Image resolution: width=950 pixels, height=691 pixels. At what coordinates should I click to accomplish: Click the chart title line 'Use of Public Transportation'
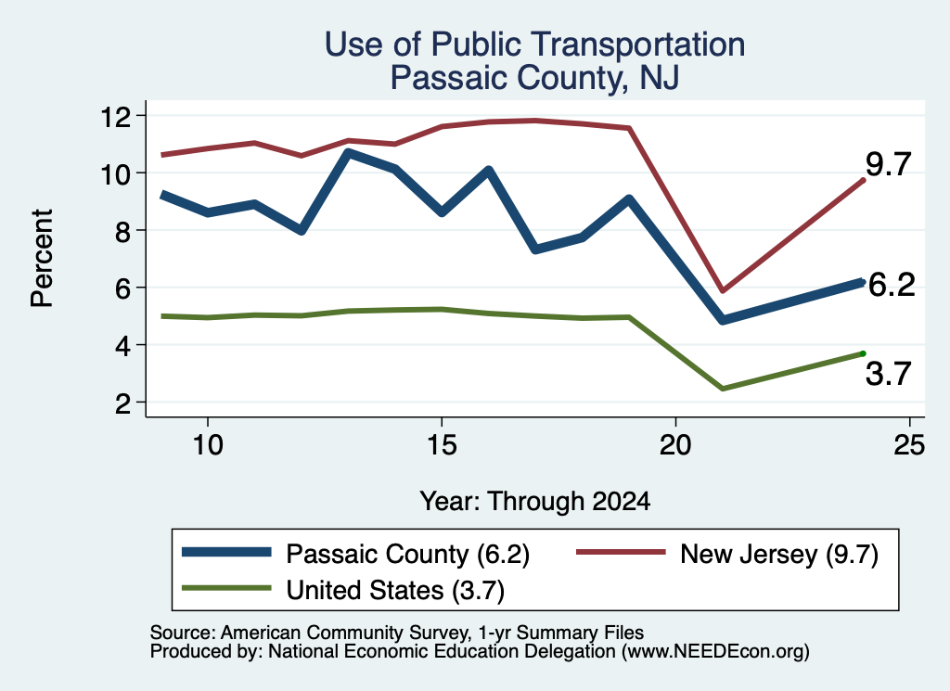(x=535, y=45)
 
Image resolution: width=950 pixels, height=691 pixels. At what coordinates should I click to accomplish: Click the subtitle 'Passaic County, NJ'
(x=534, y=78)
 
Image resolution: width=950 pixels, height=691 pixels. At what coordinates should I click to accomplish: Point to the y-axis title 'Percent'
(x=42, y=259)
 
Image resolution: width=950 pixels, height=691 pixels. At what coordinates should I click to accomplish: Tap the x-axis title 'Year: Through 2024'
(x=535, y=502)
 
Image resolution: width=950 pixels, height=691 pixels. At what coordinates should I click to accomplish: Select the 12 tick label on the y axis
(x=116, y=116)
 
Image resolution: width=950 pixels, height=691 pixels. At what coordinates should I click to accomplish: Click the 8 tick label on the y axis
(x=123, y=231)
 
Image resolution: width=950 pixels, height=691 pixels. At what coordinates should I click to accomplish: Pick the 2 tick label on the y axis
(x=123, y=403)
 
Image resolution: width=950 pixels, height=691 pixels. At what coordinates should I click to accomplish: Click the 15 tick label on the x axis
(x=442, y=445)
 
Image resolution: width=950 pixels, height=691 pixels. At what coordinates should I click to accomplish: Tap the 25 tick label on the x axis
(x=909, y=445)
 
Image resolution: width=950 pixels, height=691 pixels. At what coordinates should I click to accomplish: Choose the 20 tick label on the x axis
(x=675, y=445)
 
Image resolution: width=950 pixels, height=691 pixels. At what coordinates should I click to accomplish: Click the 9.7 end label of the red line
(x=888, y=164)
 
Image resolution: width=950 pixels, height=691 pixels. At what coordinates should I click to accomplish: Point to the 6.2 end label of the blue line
(x=892, y=285)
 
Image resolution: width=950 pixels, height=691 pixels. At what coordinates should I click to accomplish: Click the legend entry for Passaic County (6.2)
(x=356, y=554)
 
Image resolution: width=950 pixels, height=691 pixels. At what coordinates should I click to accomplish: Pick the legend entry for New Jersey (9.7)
(x=727, y=554)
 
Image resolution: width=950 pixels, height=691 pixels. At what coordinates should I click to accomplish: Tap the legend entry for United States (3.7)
(x=343, y=590)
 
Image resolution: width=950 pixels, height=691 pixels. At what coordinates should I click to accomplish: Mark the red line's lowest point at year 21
(x=722, y=290)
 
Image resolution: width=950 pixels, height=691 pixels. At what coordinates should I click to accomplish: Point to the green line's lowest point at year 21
(x=722, y=389)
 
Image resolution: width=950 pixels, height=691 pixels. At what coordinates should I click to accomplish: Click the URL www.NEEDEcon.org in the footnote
(x=715, y=652)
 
